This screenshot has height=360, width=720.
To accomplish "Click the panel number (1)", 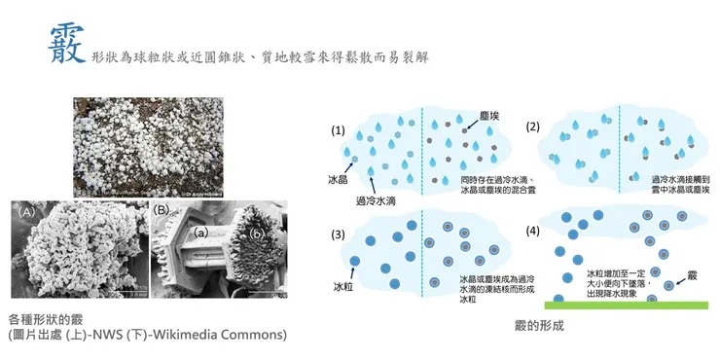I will coord(339,129).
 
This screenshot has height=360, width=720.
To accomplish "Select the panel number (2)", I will coord(533,126).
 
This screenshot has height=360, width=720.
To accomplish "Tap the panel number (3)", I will coord(339,235).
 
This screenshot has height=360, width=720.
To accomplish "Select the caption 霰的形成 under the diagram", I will coord(540,327).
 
